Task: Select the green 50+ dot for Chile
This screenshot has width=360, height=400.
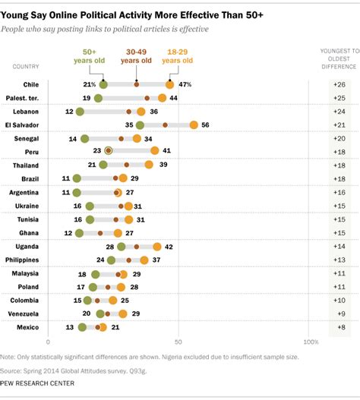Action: coord(103,85)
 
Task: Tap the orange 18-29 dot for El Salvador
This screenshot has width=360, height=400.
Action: coord(194,124)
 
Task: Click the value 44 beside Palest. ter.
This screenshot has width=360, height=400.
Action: coord(173,98)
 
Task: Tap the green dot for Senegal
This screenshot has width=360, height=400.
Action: coord(85,138)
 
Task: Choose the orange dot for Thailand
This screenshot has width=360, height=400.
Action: coord(150,165)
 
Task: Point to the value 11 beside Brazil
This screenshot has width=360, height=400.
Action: coord(66,178)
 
